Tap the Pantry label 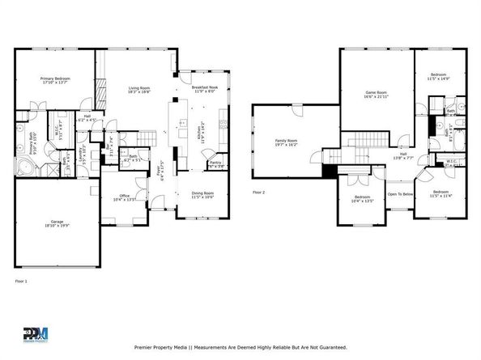(215, 164)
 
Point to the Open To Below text (400, 194)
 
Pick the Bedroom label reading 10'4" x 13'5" (362, 198)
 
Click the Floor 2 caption (259, 193)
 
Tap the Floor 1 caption (22, 281)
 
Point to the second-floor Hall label (402, 155)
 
